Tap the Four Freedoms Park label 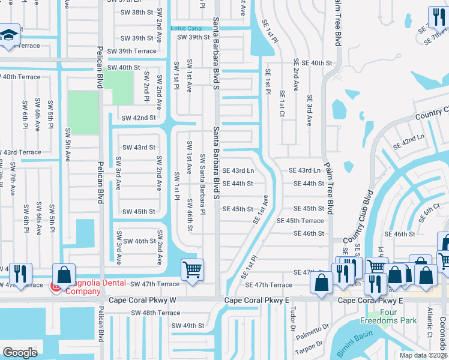(x=388, y=317)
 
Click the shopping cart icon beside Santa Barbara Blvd (x=191, y=270)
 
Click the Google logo (x=20, y=352)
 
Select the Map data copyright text (x=423, y=355)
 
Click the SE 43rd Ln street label (x=238, y=171)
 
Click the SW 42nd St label (x=139, y=118)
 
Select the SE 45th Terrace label (x=300, y=221)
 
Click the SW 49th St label (x=188, y=326)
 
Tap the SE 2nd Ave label (x=296, y=74)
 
